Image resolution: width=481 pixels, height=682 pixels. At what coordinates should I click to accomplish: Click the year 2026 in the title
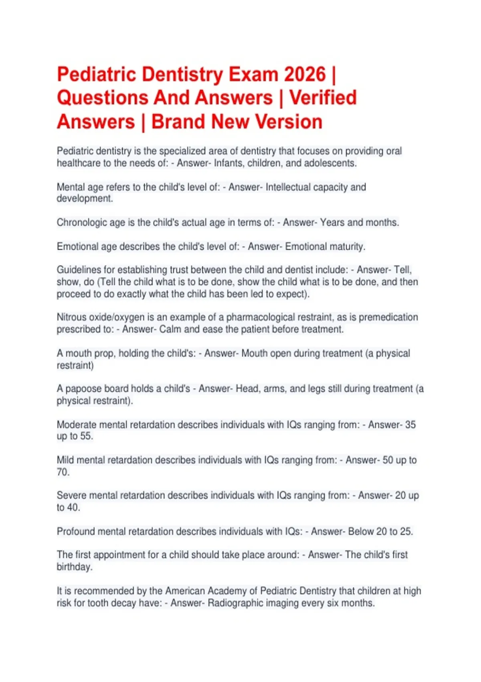click(x=305, y=75)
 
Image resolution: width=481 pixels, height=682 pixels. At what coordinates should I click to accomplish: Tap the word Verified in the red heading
click(x=323, y=98)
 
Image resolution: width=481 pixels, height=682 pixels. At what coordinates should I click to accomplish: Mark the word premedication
click(x=388, y=317)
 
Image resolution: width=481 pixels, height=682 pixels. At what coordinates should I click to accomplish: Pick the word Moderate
click(x=76, y=425)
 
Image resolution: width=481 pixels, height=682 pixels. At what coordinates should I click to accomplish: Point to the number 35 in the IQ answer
click(x=410, y=425)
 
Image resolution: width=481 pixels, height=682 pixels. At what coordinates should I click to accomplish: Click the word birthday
click(x=74, y=567)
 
